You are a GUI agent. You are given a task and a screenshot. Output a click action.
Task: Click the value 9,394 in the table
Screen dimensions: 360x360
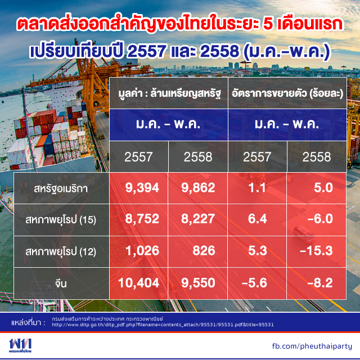142,187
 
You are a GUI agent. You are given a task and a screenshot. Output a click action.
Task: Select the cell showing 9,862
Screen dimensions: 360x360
198,187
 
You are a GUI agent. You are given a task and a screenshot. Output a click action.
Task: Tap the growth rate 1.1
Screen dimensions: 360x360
257,187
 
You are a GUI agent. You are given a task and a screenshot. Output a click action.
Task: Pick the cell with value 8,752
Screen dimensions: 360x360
142,218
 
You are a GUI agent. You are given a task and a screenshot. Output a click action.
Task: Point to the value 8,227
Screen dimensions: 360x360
198,218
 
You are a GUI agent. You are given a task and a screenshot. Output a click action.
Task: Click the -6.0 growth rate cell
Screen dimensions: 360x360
320,218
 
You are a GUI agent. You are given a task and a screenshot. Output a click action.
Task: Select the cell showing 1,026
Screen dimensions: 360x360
142,250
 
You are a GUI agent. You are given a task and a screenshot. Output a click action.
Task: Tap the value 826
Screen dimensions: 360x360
204,250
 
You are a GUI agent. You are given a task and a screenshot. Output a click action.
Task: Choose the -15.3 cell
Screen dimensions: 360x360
316,250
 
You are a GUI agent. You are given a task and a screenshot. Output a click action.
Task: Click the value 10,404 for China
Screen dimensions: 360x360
139,282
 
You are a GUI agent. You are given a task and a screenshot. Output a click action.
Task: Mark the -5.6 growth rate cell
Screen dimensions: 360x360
254,282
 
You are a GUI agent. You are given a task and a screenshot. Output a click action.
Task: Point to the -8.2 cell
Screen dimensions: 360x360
320,282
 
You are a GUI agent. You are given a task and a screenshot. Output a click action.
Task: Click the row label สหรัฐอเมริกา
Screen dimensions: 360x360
61,189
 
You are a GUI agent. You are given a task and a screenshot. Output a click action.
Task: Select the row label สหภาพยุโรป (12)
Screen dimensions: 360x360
61,251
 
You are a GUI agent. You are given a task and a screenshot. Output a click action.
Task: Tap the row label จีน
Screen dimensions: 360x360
61,283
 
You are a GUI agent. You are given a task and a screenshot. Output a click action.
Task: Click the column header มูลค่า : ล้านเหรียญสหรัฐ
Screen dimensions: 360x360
170,93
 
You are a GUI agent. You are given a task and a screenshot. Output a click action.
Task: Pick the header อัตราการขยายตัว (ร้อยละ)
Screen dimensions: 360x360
287,93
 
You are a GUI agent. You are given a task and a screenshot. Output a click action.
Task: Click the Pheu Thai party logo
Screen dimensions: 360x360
20,345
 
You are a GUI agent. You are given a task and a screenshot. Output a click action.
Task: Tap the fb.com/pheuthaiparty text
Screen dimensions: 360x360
312,346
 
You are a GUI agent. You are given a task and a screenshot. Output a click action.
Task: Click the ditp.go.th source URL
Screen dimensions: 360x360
163,325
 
